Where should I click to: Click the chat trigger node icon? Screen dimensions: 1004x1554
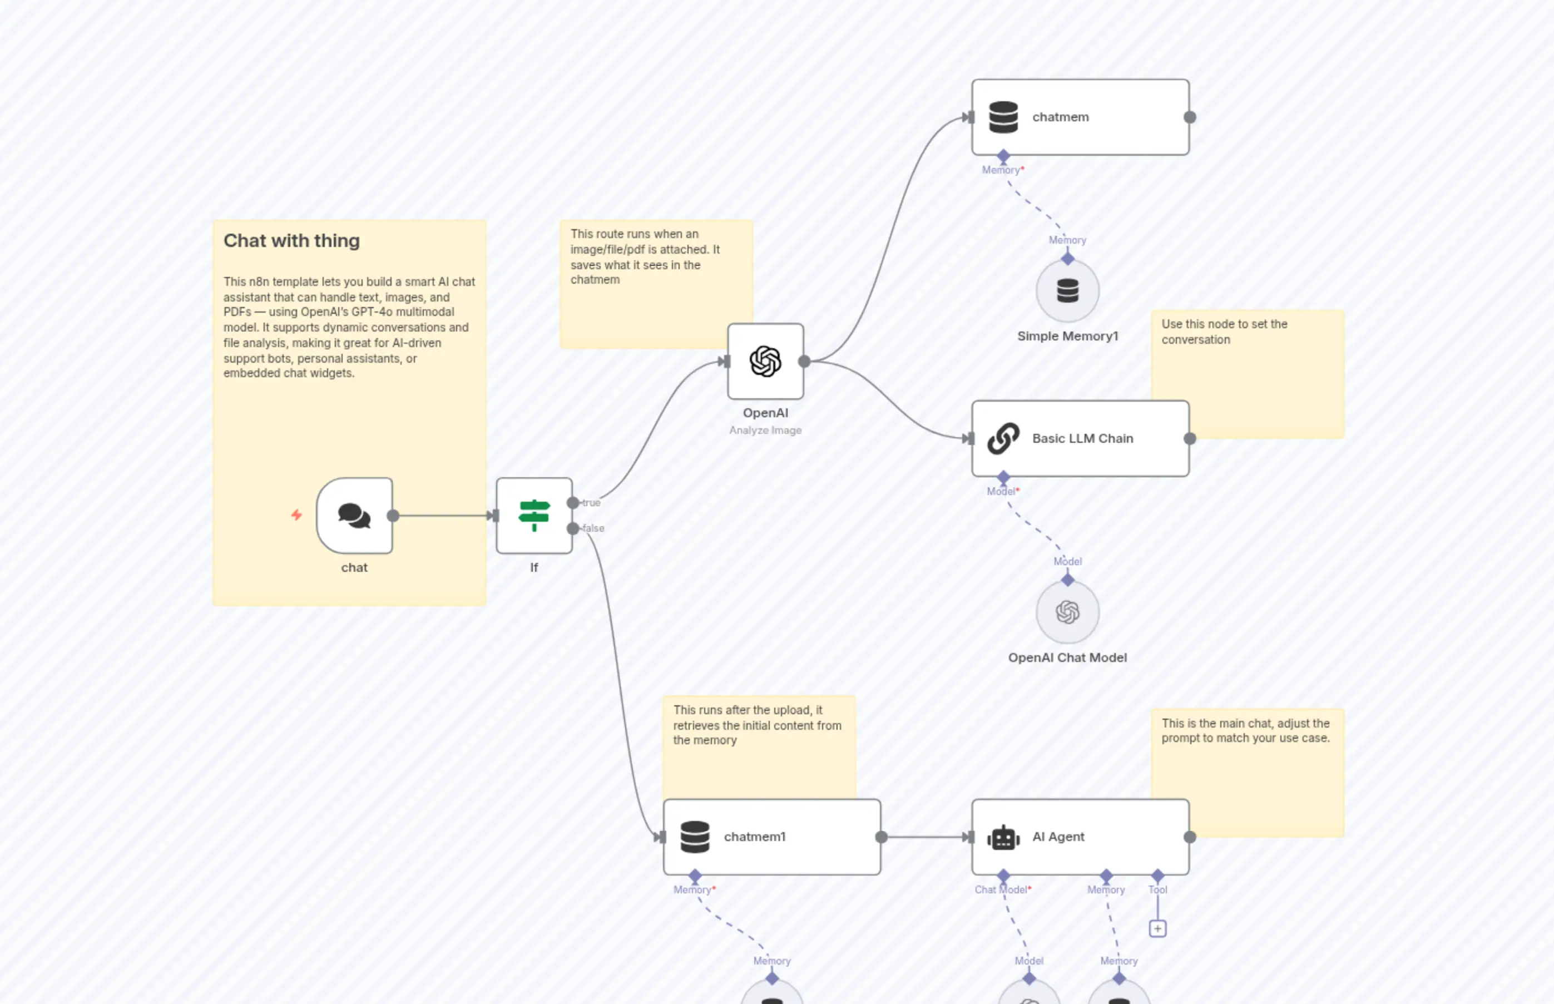click(354, 516)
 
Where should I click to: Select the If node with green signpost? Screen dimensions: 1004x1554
click(534, 516)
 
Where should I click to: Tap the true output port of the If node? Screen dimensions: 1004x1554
click(573, 503)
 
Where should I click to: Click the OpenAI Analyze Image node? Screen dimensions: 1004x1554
click(765, 361)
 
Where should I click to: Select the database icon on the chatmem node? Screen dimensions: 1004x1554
click(1003, 117)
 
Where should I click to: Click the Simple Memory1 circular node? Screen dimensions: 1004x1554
click(1067, 291)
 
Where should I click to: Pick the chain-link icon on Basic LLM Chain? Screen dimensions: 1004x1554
click(1003, 438)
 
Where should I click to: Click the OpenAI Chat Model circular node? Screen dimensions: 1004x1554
click(1067, 612)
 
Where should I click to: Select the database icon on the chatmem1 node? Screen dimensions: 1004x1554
click(695, 837)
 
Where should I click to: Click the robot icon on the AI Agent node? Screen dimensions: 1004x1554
click(1003, 838)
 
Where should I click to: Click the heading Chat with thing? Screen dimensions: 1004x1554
click(291, 240)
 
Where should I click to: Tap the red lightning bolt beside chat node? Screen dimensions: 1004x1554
click(296, 515)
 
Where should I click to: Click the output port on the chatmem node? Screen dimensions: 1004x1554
click(1190, 117)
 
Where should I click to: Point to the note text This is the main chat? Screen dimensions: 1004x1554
click(1245, 731)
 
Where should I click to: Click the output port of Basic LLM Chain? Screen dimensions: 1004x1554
click(1190, 439)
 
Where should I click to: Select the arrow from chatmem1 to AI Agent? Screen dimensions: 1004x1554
click(926, 837)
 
